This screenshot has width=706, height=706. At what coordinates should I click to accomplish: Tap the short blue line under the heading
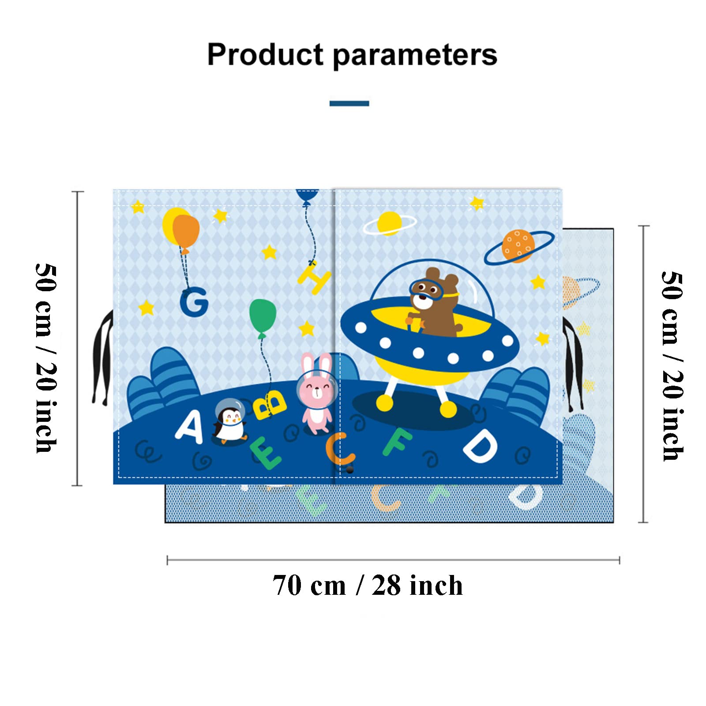point(349,104)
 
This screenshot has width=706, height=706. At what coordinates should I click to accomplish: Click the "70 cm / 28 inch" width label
point(368,586)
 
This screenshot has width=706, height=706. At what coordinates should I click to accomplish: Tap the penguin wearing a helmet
point(230,419)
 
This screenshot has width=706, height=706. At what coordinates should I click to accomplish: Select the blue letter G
point(194,302)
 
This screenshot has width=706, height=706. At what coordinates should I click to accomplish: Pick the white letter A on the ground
point(190,426)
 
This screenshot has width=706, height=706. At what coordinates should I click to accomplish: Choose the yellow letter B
point(270,404)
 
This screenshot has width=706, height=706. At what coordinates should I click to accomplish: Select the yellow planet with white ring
point(389,223)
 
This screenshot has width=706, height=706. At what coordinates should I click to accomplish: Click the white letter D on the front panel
point(480,446)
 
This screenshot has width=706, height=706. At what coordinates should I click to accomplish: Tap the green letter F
point(397,441)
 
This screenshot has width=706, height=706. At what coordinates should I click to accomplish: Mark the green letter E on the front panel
point(265,453)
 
